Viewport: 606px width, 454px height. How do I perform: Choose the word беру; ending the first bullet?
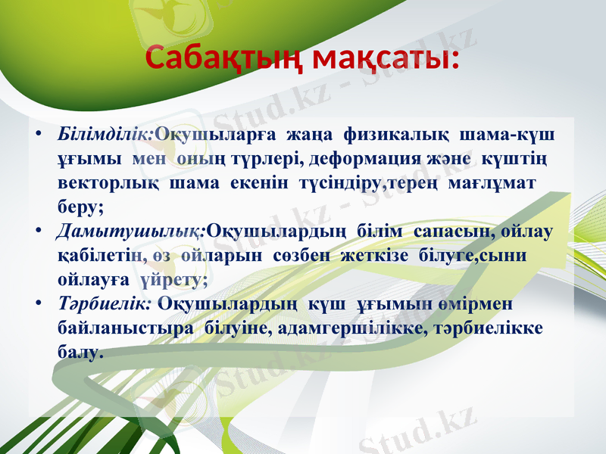[x=81, y=206]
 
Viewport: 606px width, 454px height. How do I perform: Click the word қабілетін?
[x=95, y=255]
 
